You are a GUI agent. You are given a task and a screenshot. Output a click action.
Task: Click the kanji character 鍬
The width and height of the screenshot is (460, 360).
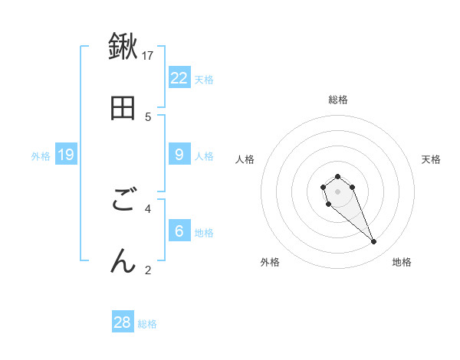click(x=123, y=47)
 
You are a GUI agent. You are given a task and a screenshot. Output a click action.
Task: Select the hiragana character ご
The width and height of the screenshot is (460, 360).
click(x=123, y=201)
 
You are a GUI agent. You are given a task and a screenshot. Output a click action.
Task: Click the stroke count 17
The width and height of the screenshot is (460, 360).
click(x=148, y=55)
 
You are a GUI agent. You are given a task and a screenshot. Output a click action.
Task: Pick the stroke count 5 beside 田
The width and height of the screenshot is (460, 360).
click(x=148, y=116)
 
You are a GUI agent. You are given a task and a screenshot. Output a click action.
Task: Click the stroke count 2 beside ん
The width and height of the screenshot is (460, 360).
click(x=148, y=270)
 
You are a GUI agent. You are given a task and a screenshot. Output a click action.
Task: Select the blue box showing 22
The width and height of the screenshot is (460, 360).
click(x=179, y=77)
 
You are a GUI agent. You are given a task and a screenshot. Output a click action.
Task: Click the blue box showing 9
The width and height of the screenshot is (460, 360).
click(x=179, y=155)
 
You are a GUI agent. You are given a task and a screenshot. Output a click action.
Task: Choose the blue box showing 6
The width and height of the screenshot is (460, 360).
click(x=179, y=231)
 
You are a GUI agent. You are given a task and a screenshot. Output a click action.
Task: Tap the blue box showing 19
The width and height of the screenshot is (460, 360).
click(x=66, y=155)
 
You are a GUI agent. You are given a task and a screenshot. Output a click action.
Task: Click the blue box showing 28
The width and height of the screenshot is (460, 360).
click(x=123, y=322)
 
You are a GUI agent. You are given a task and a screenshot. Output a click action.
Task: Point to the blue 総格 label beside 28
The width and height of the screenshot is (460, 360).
click(x=147, y=324)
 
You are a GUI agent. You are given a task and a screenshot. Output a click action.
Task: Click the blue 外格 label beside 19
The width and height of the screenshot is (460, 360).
click(x=41, y=156)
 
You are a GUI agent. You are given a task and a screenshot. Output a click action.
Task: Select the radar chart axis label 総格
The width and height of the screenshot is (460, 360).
click(x=337, y=100)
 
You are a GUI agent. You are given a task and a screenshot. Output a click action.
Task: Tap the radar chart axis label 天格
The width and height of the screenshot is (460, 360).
click(x=431, y=159)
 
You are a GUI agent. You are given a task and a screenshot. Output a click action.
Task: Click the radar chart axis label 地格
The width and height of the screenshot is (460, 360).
click(x=402, y=263)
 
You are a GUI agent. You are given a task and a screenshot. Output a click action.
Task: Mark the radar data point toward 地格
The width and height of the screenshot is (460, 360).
click(x=374, y=242)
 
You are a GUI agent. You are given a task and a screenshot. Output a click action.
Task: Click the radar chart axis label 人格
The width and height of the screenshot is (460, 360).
click(x=245, y=159)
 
